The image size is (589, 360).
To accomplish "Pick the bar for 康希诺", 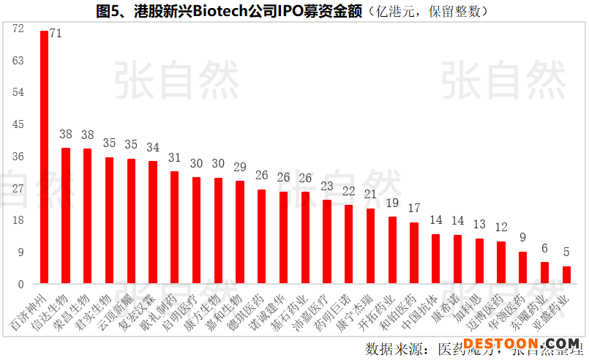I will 457,260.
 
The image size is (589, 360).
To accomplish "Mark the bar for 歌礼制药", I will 174,228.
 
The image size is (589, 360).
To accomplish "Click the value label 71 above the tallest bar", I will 56,34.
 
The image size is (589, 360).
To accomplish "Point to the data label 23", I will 327,187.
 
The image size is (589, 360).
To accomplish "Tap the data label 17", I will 414,209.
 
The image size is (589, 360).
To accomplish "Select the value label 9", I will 522,238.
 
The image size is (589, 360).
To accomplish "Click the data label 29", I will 240,168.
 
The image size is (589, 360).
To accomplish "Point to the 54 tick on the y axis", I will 18,92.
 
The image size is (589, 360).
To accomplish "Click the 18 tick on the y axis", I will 18,220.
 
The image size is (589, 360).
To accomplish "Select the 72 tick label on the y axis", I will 18,29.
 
